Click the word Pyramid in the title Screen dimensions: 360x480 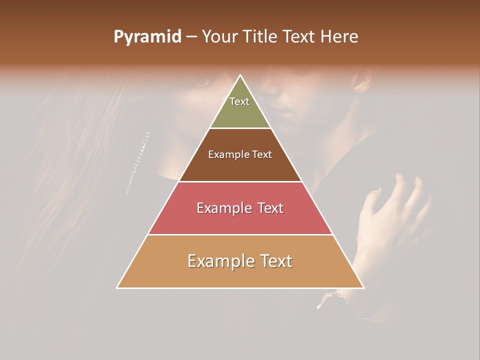pyautogui.click(x=147, y=37)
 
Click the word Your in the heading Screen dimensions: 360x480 pyautogui.click(x=219, y=36)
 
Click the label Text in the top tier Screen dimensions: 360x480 pyautogui.click(x=239, y=101)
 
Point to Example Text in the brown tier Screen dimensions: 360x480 pyautogui.click(x=240, y=154)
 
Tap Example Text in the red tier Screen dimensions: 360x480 pyautogui.click(x=240, y=208)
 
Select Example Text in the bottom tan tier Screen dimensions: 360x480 pyautogui.click(x=240, y=261)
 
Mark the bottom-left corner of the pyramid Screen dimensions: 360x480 pyautogui.click(x=117, y=287)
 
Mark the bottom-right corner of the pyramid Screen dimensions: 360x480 pyautogui.click(x=363, y=287)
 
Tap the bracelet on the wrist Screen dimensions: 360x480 pyautogui.click(x=340, y=300)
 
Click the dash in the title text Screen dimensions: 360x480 pyautogui.click(x=191, y=37)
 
